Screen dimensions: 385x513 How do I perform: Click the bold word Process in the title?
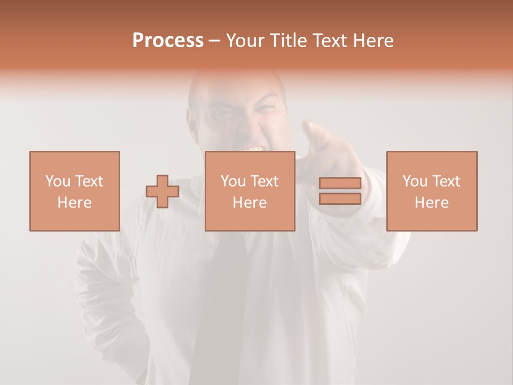tap(168, 41)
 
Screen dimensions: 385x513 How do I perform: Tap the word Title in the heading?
tap(286, 41)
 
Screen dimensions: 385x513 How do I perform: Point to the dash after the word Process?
tap(214, 41)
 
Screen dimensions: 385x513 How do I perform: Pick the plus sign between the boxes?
tap(162, 191)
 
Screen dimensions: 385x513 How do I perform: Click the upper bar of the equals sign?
tap(340, 183)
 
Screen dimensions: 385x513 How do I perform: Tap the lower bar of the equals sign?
tap(340, 198)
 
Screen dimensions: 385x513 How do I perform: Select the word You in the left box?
tap(58, 181)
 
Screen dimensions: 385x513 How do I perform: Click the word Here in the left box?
tap(74, 202)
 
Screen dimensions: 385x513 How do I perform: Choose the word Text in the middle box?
tap(265, 181)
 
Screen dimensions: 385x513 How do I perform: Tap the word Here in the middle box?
tap(250, 202)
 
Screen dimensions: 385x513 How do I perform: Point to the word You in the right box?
tap(415, 181)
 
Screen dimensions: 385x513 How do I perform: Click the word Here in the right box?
tap(431, 202)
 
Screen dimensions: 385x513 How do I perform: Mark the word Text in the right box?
tap(446, 181)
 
